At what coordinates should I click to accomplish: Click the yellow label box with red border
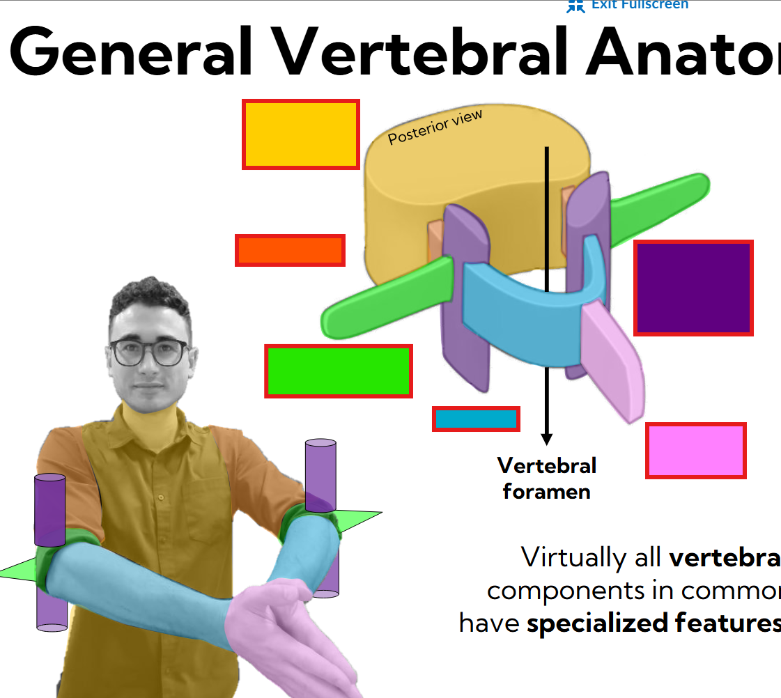301,134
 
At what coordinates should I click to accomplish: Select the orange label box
290,250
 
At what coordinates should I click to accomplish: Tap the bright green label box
339,371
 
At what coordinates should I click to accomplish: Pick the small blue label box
477,419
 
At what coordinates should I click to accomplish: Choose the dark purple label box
694,288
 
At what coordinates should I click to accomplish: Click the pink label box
696,450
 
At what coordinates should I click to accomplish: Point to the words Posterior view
435,127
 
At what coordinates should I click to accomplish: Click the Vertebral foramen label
547,479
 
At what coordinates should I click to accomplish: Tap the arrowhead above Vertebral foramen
547,439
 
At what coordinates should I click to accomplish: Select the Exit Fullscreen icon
575,6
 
